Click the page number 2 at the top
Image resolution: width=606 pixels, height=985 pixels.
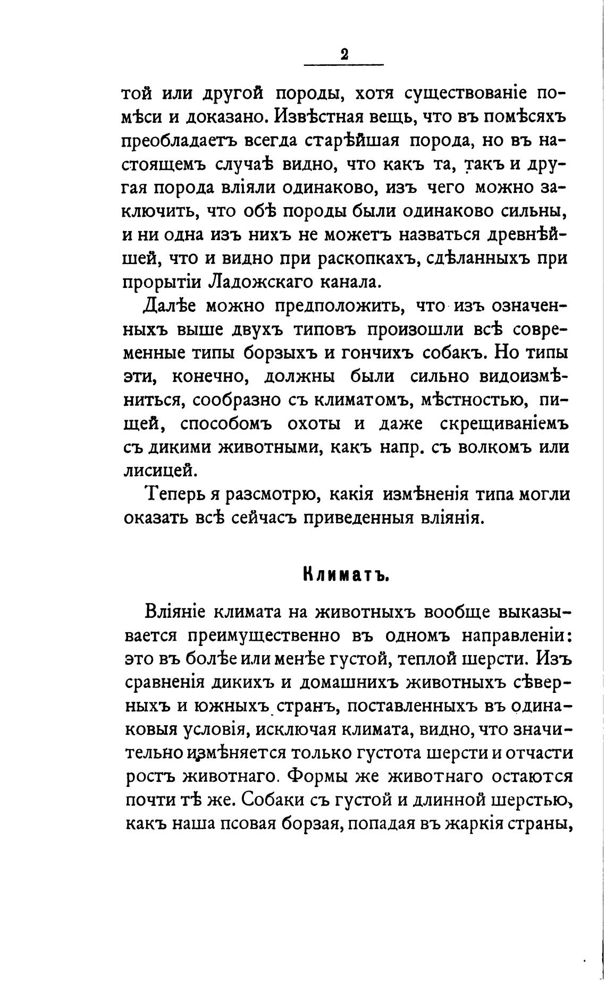pos(344,54)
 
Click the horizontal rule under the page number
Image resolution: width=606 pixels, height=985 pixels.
pos(343,65)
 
